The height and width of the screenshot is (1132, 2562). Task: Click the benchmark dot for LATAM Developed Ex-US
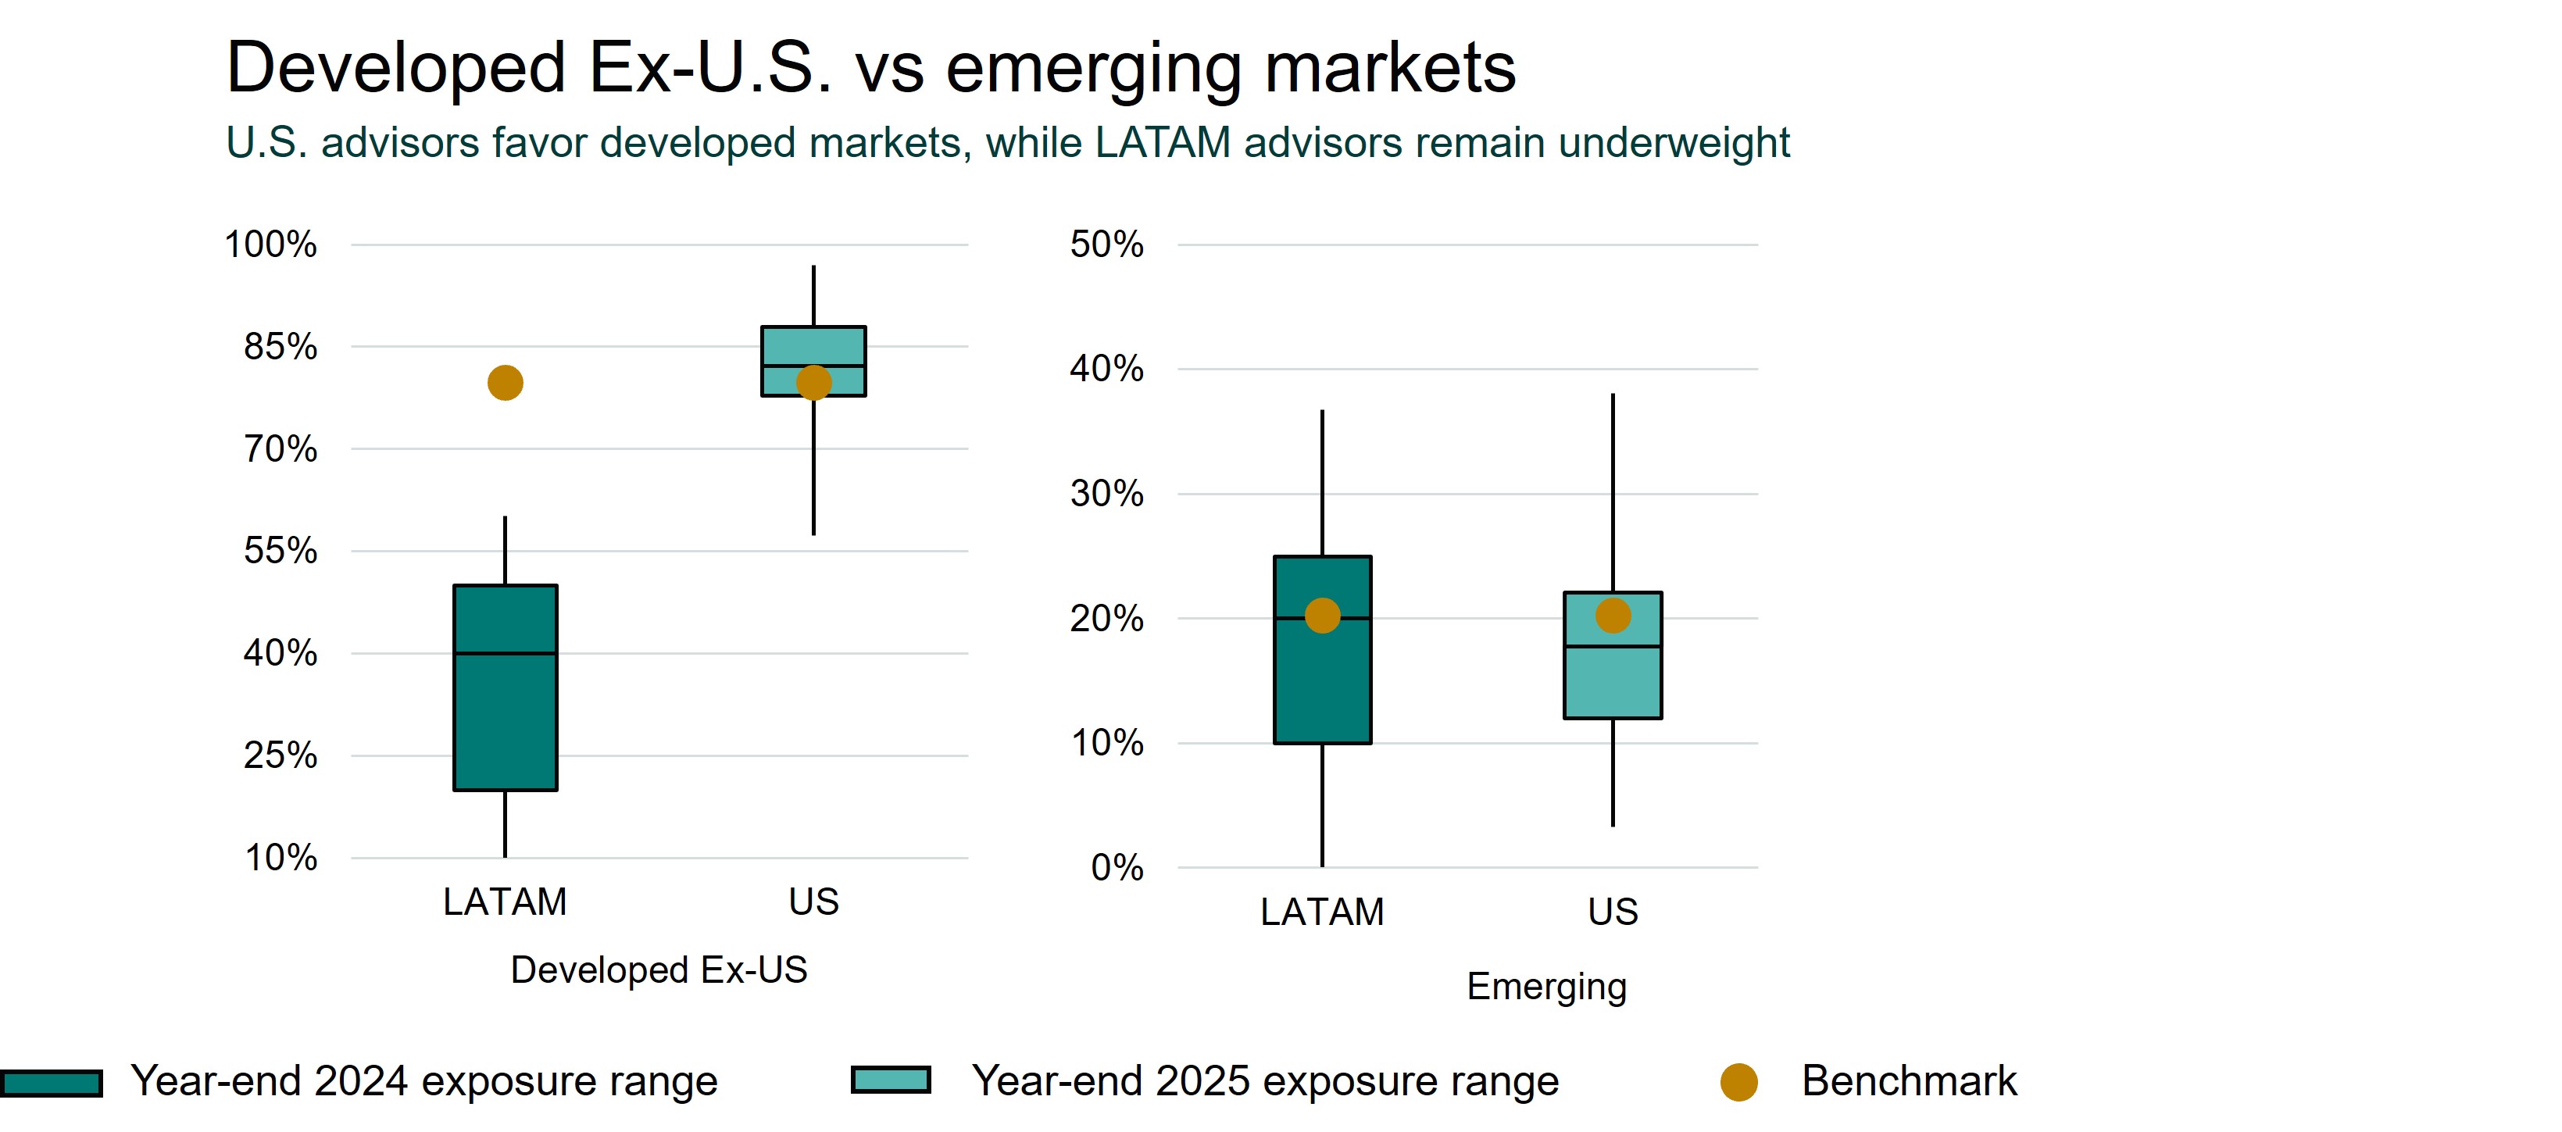tap(506, 383)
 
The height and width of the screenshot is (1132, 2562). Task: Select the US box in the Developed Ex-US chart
tap(813, 342)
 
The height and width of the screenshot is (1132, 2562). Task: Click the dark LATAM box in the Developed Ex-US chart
tap(506, 716)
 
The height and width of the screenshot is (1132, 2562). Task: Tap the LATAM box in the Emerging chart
tap(1322, 687)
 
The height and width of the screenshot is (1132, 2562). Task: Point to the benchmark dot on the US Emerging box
tap(1612, 616)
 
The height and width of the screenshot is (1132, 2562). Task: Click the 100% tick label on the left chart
tap(270, 245)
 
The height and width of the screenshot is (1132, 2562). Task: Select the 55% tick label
tap(280, 551)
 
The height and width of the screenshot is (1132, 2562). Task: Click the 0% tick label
tap(1117, 867)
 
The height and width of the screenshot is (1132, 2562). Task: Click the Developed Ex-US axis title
tap(659, 970)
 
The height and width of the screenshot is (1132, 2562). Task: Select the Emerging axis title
tap(1546, 987)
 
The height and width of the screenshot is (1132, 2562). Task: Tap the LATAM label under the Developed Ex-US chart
tap(506, 902)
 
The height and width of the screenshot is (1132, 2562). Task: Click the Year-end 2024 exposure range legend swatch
tap(52, 1084)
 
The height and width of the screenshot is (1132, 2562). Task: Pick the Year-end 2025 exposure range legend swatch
tap(892, 1080)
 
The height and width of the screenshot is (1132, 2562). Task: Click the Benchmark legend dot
tap(1738, 1082)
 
